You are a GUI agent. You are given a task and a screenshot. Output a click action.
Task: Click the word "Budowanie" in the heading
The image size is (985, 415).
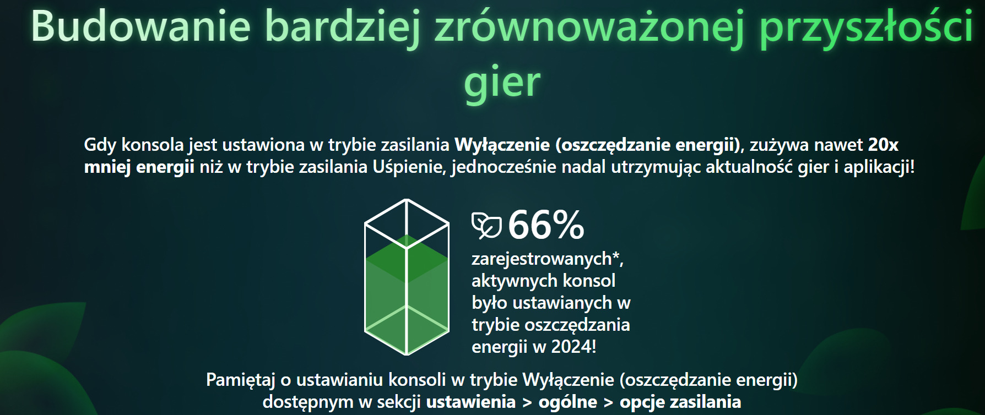point(141,26)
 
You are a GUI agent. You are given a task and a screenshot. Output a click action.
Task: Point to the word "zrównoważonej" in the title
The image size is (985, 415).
point(589,28)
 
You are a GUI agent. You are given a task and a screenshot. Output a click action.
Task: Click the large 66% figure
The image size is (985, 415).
point(546,225)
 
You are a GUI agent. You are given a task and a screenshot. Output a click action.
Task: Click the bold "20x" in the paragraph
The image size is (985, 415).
point(883,145)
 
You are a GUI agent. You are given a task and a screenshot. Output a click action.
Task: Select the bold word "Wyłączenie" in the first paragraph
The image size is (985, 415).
point(502,145)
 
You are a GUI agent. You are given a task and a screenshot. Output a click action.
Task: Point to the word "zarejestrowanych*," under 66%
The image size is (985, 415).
point(548,259)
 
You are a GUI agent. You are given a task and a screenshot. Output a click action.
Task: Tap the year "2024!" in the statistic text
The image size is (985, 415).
point(573,347)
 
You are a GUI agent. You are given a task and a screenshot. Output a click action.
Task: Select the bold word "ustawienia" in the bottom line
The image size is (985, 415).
point(471,402)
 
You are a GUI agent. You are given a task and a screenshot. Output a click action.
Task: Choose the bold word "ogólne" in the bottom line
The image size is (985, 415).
point(568,402)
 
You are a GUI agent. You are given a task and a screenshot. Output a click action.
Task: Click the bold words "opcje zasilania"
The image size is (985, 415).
point(680,402)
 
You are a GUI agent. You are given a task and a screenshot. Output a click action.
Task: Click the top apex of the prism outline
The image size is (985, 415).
point(407,200)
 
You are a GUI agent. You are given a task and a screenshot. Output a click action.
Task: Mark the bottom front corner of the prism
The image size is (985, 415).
point(407,354)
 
